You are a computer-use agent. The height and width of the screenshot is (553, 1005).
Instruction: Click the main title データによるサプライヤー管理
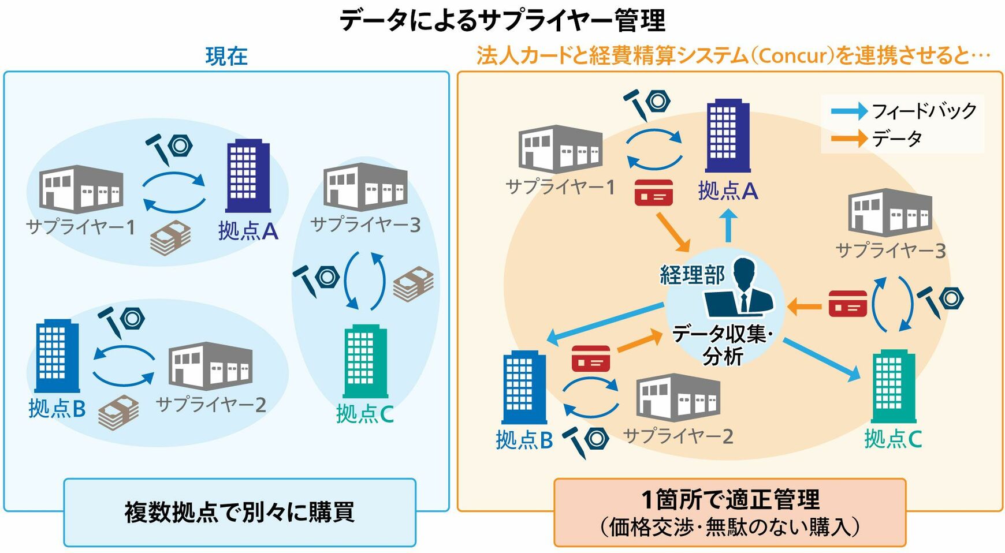(502, 20)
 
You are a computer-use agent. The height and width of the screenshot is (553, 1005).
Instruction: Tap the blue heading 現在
(226, 57)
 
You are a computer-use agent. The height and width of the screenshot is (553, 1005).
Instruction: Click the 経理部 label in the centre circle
(692, 275)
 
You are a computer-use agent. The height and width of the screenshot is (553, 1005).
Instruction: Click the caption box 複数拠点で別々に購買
(240, 512)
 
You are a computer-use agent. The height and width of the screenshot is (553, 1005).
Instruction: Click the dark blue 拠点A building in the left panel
(248, 176)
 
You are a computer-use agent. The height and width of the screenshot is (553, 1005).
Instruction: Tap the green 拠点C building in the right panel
(893, 386)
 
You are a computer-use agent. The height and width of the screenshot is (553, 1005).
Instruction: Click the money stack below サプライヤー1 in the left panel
(170, 238)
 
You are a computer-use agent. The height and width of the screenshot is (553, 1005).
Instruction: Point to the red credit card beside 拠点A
(653, 192)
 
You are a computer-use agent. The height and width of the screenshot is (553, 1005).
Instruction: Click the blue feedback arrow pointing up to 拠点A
(729, 226)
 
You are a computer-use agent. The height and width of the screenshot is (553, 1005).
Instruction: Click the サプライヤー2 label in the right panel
(678, 436)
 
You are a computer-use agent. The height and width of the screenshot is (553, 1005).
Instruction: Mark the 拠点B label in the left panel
(57, 409)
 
